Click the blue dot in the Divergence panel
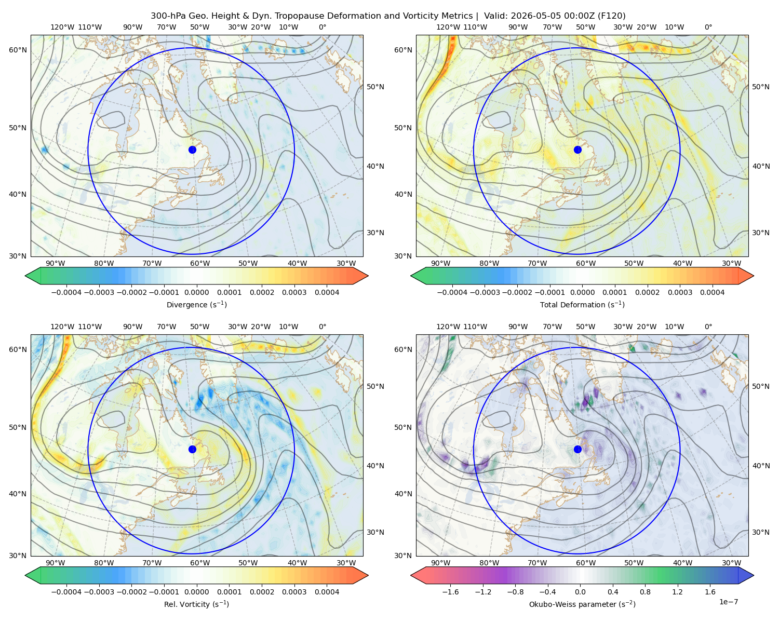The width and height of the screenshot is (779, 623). (192, 150)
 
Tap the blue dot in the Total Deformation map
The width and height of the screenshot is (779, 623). (577, 150)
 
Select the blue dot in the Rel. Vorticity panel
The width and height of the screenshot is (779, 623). (192, 449)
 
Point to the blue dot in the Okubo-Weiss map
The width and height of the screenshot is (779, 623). (577, 449)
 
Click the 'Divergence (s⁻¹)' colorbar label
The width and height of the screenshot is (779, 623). (196, 304)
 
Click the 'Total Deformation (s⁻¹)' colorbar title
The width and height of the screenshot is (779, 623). (582, 304)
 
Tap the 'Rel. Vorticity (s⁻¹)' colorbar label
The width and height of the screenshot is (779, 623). (196, 604)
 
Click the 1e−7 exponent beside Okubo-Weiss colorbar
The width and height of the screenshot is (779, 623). (728, 602)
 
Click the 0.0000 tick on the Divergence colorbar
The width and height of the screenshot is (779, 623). (196, 292)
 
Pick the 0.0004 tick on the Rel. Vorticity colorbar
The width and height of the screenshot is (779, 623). (327, 592)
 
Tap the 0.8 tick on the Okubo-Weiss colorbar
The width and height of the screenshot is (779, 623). (645, 592)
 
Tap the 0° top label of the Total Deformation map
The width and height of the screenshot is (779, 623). (708, 27)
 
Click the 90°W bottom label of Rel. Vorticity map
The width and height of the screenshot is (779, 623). (56, 563)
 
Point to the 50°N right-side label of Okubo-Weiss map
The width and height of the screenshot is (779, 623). (761, 386)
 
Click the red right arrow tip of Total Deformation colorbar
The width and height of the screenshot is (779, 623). (754, 276)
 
